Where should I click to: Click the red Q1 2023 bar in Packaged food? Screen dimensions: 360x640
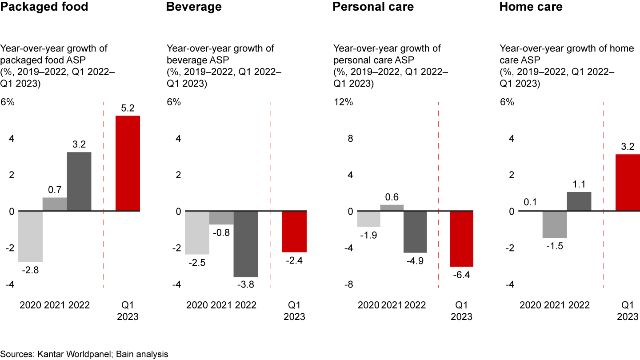tap(128, 163)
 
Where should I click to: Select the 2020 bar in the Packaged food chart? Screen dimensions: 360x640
tap(30, 236)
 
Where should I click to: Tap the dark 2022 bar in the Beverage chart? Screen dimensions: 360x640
tap(246, 244)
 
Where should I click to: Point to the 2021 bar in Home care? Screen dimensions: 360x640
tap(555, 224)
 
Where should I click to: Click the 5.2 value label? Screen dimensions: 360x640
tap(128, 108)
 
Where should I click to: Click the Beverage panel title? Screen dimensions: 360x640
tap(194, 7)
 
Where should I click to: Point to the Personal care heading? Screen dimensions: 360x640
tap(373, 7)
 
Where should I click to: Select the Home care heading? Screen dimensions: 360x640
tap(531, 7)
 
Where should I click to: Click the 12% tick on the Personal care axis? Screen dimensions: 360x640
tap(343, 102)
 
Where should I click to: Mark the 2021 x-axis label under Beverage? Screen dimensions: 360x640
tap(221, 305)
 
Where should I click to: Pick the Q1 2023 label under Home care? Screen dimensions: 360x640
tap(627, 311)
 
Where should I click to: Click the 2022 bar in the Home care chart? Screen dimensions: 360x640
tap(579, 201)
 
